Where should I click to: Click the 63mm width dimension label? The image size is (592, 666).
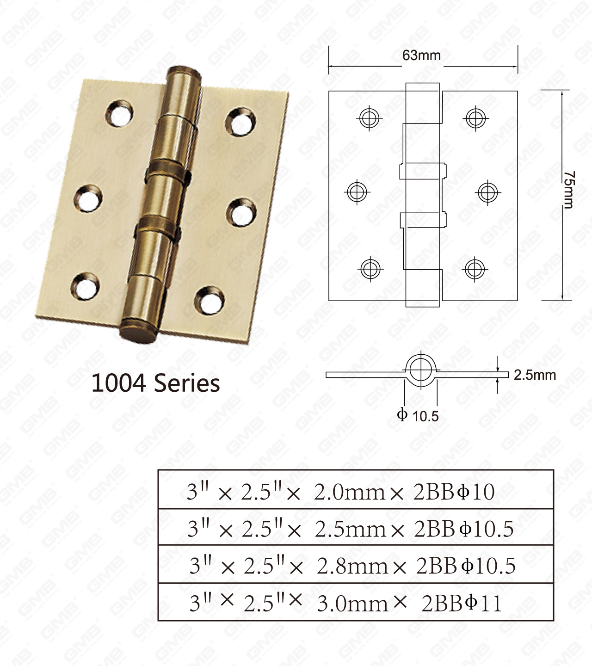click(x=421, y=55)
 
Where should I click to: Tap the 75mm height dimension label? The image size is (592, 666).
click(x=568, y=190)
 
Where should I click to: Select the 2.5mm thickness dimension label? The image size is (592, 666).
click(x=535, y=375)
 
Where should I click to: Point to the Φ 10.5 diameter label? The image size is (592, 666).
click(x=418, y=416)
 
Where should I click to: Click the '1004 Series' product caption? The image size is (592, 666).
click(x=155, y=383)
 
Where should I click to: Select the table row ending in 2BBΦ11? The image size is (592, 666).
click(x=355, y=603)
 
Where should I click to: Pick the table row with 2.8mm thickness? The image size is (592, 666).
click(x=355, y=565)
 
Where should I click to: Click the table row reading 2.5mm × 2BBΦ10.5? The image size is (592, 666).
click(x=355, y=528)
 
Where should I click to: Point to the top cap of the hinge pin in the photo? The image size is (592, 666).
click(x=185, y=74)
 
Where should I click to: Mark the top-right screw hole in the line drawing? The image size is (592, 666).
click(x=475, y=117)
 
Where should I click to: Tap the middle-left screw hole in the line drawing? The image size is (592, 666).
click(x=357, y=191)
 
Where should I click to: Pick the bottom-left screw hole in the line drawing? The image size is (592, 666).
click(x=370, y=268)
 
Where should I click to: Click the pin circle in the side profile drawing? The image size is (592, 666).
click(x=421, y=370)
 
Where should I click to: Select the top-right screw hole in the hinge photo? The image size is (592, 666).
click(x=241, y=122)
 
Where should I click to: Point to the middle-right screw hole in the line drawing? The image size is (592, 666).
click(x=487, y=192)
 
